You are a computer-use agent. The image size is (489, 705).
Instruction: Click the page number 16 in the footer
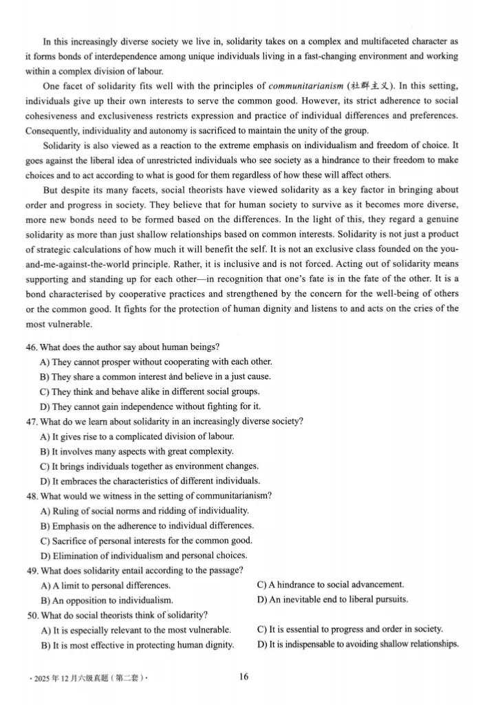coord(244,677)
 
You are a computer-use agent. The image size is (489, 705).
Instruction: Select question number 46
coord(32,347)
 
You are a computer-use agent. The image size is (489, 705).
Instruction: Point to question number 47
coord(32,422)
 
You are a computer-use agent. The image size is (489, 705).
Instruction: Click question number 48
coord(32,495)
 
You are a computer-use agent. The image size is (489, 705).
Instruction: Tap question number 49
coord(32,570)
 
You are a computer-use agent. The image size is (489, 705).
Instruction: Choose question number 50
coord(32,615)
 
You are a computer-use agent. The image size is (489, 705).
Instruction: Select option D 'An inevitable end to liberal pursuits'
coord(332,599)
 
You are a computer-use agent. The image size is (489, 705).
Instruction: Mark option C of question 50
coord(349,629)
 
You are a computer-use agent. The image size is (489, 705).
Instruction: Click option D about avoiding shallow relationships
coord(357,644)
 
